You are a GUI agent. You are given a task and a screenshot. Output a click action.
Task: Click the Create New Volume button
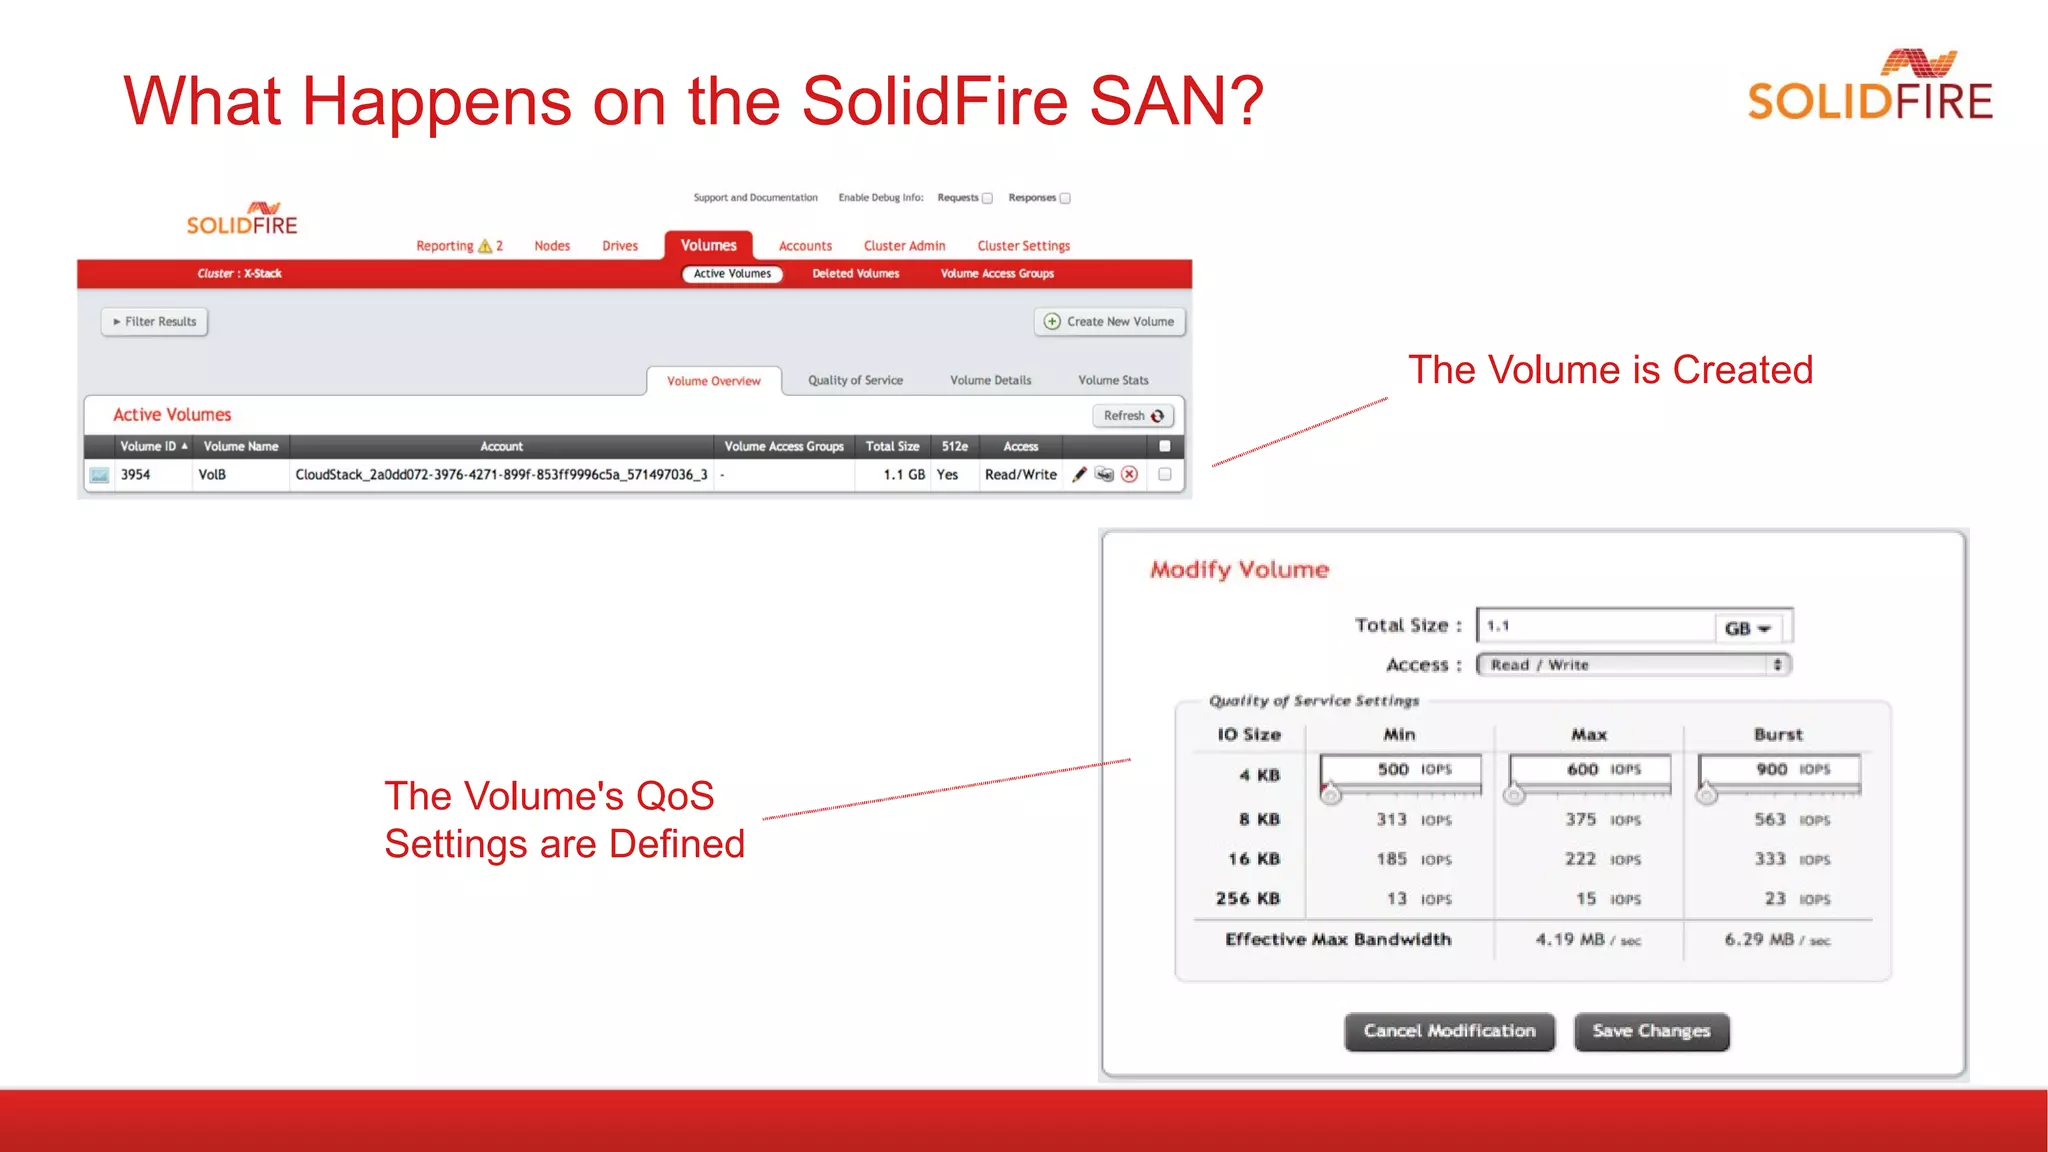(1109, 321)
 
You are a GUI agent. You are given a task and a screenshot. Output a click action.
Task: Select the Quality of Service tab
(855, 380)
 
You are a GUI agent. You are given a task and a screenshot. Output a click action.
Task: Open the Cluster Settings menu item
(1023, 246)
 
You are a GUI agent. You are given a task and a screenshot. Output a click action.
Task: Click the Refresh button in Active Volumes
(1133, 416)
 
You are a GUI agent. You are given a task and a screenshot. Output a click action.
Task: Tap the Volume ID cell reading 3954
(136, 475)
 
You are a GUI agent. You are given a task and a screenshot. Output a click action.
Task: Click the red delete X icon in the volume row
(1129, 475)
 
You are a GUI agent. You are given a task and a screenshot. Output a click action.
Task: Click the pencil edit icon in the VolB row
(1079, 475)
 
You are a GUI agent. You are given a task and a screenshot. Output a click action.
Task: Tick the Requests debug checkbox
(987, 198)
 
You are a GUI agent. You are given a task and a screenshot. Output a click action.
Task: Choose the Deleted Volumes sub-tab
(855, 274)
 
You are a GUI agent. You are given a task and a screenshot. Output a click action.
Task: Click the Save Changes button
(1651, 1031)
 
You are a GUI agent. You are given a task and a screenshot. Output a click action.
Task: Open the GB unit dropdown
(1748, 628)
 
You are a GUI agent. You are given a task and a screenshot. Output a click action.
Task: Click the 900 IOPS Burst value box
(1779, 769)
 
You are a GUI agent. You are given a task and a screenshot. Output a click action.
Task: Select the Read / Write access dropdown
(1633, 665)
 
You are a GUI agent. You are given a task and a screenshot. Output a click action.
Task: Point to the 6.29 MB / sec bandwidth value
(1777, 940)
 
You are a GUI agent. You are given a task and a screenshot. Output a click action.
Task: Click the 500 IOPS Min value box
(1400, 769)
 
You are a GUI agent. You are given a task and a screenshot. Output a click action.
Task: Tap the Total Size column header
(892, 447)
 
